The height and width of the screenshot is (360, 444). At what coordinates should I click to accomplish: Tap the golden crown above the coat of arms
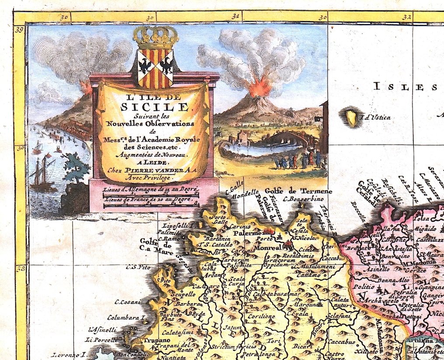coord(156,37)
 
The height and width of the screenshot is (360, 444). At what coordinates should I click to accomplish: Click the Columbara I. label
coord(126,318)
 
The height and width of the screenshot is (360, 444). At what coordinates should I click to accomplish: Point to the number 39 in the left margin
coord(20,31)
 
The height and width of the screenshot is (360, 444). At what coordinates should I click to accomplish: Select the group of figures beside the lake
coord(300,161)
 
